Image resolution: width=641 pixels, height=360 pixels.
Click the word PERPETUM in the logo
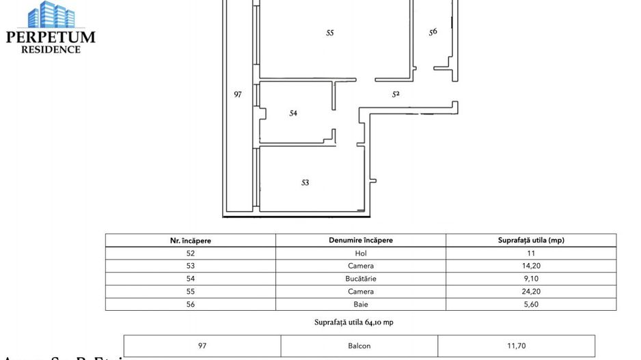click(51, 38)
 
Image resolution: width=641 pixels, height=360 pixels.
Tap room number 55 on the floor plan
click(330, 33)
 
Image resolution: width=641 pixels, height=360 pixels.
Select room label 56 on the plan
click(433, 31)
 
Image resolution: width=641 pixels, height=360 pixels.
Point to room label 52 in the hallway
click(396, 94)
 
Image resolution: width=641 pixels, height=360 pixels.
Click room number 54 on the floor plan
click(293, 113)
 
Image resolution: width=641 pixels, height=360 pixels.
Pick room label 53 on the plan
click(305, 182)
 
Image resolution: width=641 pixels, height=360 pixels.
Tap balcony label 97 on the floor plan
click(238, 94)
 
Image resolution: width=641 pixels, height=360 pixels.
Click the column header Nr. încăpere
click(191, 240)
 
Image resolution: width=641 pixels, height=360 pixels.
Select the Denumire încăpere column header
click(361, 240)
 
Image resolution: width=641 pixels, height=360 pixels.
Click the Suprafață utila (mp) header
click(531, 240)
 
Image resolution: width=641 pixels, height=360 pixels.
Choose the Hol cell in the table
click(361, 253)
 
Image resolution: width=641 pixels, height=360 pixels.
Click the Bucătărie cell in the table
click(361, 279)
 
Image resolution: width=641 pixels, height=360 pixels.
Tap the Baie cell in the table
click(361, 305)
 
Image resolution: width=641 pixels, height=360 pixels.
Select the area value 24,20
click(531, 292)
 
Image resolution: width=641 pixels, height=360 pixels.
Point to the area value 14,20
click(531, 266)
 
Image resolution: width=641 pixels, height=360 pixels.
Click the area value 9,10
click(531, 279)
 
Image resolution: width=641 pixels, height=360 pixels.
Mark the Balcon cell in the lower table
click(359, 346)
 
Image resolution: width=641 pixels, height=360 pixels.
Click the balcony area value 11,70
click(516, 346)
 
